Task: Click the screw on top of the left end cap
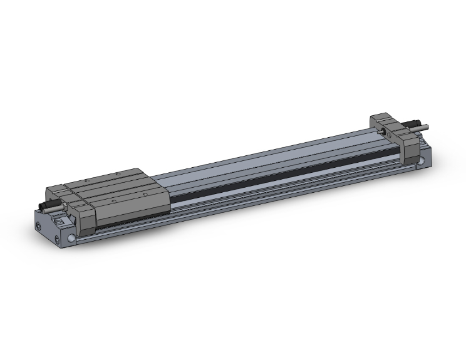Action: [x=61, y=221]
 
